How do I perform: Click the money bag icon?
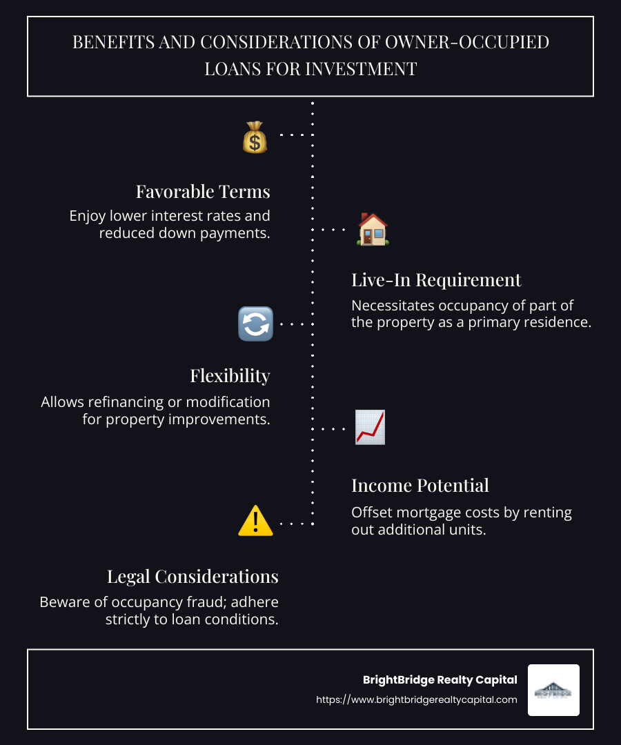click(x=255, y=137)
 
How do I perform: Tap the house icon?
click(x=372, y=229)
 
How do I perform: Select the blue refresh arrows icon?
click(x=255, y=324)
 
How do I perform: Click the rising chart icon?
click(x=370, y=427)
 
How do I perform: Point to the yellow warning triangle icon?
click(x=255, y=521)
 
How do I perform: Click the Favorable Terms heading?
click(x=203, y=191)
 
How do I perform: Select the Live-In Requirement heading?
click(x=436, y=280)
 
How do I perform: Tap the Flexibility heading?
click(x=230, y=376)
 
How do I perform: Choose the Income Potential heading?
click(x=420, y=486)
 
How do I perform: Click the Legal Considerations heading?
click(x=193, y=577)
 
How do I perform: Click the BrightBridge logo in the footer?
click(x=553, y=690)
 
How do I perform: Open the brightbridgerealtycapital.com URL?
click(x=416, y=699)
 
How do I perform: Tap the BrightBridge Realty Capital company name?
click(x=440, y=680)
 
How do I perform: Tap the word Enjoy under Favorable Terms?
click(x=87, y=215)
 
